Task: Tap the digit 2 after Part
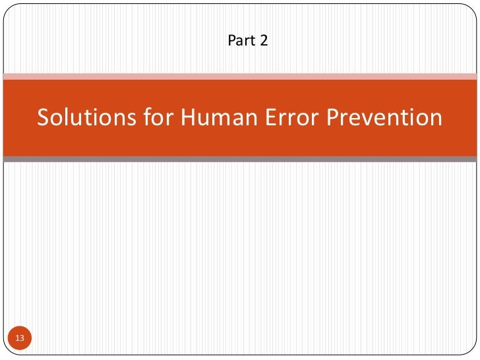264,41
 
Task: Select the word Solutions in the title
81,117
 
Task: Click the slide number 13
19,338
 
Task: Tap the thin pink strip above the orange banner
240,76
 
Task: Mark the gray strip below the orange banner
240,159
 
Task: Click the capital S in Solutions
44,117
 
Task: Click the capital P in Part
231,41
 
